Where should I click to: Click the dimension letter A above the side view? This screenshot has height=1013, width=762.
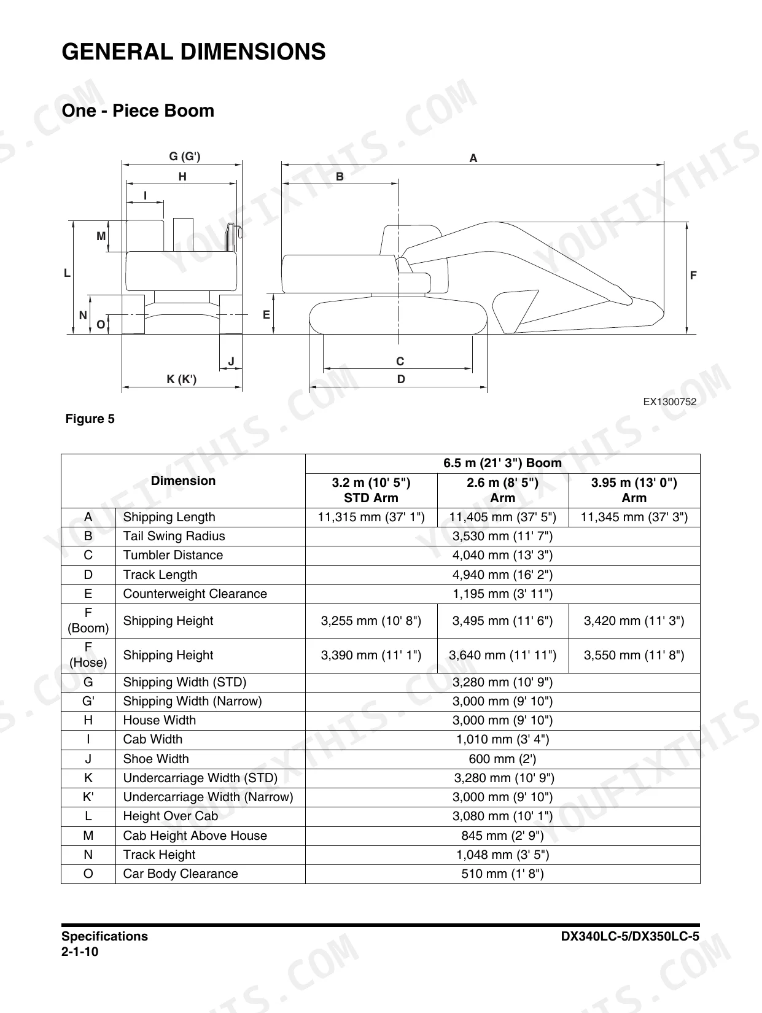(x=473, y=158)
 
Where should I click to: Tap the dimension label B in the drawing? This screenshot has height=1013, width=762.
(x=340, y=176)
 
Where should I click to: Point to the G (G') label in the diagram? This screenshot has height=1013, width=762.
(x=185, y=157)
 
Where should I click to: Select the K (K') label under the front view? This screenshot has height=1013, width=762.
(x=181, y=379)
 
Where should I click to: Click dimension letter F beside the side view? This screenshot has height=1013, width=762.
(x=693, y=276)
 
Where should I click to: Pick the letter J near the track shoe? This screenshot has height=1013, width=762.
(x=231, y=362)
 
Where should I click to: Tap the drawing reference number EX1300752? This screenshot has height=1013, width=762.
(x=670, y=402)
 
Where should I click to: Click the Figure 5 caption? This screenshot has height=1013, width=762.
(x=90, y=419)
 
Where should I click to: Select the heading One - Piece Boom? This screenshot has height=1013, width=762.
(x=138, y=111)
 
